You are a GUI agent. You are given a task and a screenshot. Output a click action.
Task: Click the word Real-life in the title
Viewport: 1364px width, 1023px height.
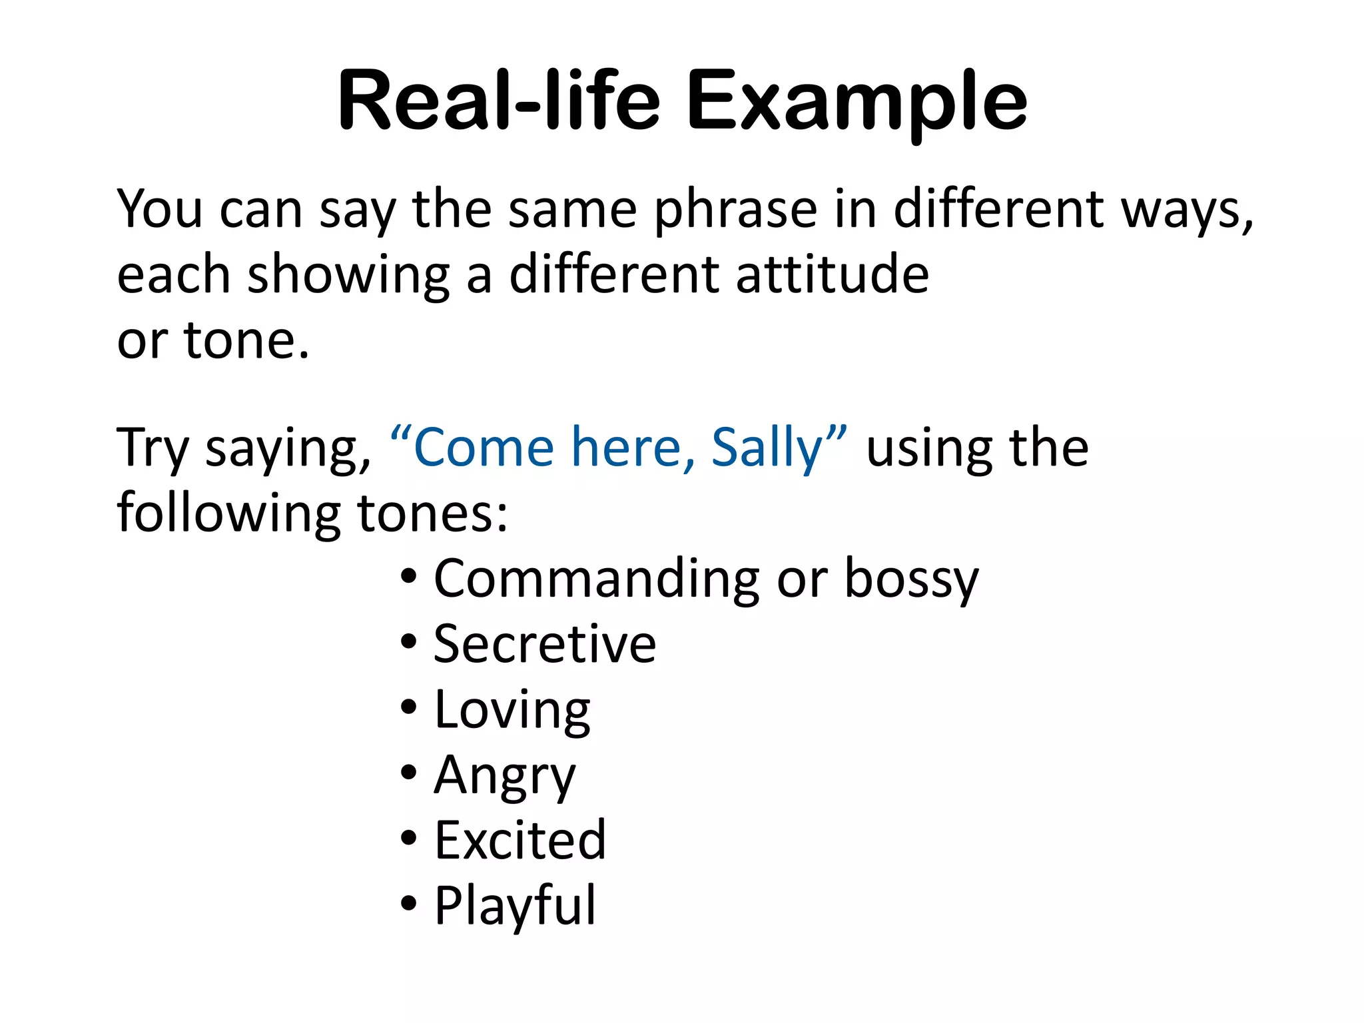click(x=500, y=101)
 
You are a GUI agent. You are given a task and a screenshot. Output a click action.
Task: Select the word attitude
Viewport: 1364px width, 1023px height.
click(x=832, y=274)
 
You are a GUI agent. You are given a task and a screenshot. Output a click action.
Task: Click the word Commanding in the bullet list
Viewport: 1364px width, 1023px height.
click(x=597, y=578)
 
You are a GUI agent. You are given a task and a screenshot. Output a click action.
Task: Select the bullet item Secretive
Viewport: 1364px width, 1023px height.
click(x=544, y=644)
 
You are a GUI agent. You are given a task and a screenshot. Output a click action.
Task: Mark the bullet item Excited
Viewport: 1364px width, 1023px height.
click(x=520, y=841)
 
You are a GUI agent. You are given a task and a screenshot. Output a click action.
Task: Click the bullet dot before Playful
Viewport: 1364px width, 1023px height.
click(x=409, y=904)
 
